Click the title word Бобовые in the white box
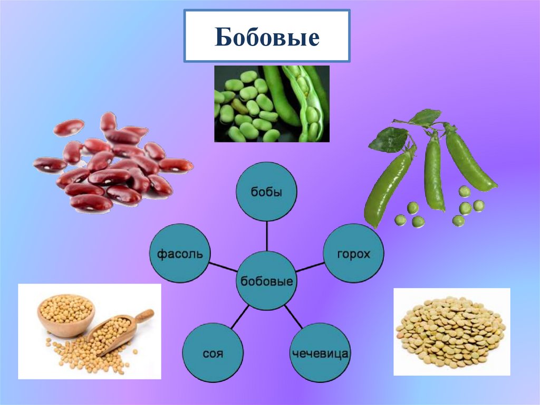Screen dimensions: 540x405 [x=267, y=36]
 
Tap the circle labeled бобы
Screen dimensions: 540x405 [x=266, y=192]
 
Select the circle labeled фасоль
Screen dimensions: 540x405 [x=180, y=253]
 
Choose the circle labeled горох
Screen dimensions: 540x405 [x=353, y=253]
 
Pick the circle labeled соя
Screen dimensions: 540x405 [x=213, y=353]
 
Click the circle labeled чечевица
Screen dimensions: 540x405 [x=320, y=353]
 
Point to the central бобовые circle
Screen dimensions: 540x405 [x=266, y=281]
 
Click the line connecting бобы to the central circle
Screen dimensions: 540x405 [x=267, y=236]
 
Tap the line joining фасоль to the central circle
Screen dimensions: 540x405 [x=223, y=267]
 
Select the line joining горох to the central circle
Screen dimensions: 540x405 [x=310, y=267]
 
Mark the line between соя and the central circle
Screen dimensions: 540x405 [x=240, y=316]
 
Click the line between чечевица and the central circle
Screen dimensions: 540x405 [x=293, y=316]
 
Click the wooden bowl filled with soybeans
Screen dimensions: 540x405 [x=66, y=316]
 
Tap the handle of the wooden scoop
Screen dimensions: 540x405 [x=144, y=316]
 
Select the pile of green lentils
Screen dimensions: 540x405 [x=451, y=332]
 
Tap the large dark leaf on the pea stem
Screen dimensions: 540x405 [x=389, y=140]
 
